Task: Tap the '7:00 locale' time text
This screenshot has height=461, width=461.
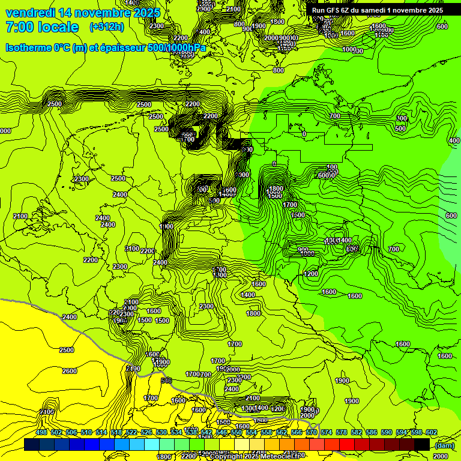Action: [42, 27]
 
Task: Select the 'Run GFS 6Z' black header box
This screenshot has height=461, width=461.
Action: [377, 10]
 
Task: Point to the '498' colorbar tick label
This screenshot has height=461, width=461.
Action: [41, 433]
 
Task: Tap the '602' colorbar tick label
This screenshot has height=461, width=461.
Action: [432, 433]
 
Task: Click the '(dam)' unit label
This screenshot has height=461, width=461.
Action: [444, 445]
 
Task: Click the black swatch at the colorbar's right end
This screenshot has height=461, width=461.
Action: [422, 444]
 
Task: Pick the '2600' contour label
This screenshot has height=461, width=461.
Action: [69, 371]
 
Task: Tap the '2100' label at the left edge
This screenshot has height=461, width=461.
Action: [20, 216]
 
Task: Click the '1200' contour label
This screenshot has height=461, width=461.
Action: [310, 274]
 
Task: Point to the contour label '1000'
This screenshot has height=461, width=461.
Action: [349, 49]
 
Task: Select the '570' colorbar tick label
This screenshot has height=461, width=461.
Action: [312, 433]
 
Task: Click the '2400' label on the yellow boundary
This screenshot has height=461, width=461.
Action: [70, 317]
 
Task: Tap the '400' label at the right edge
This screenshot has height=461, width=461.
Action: [454, 140]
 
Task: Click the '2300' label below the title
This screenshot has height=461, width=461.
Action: [157, 26]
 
